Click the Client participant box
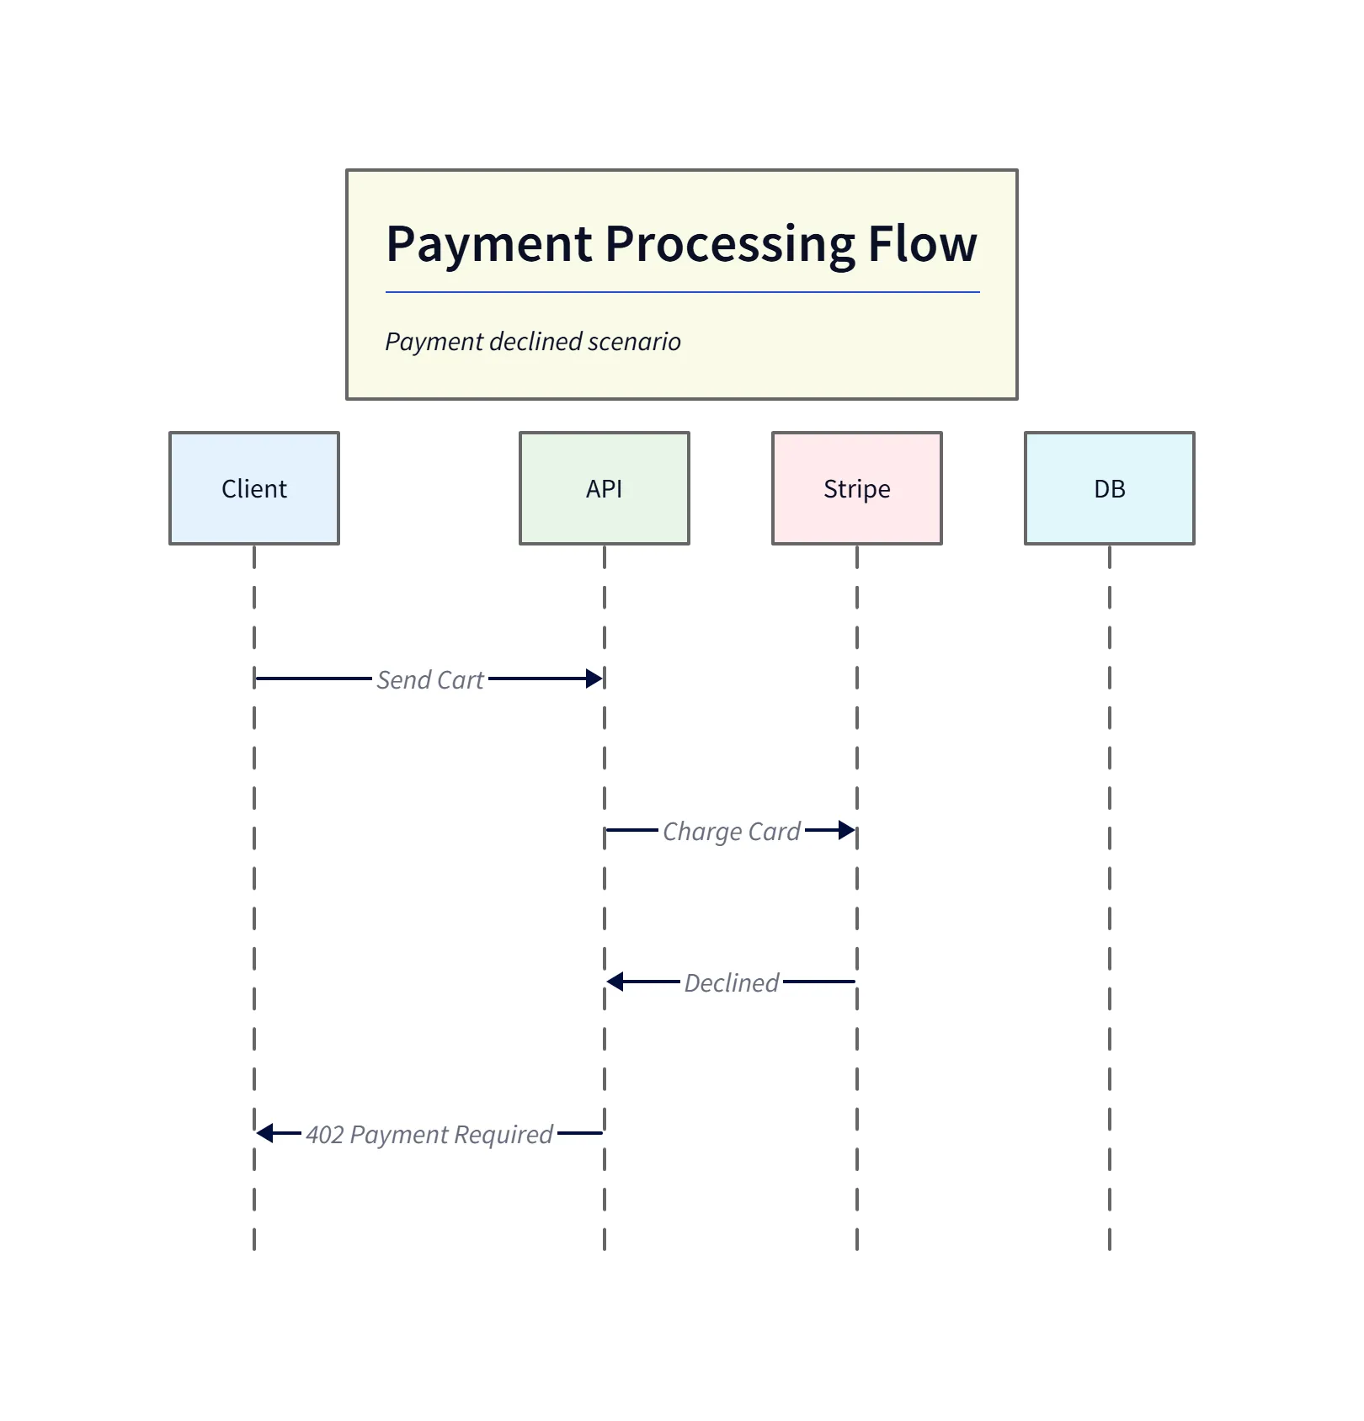point(253,488)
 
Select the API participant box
point(604,488)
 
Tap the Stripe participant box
point(856,488)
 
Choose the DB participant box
point(1109,488)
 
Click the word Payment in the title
point(489,245)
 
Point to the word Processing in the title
point(730,245)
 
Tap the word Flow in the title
point(922,243)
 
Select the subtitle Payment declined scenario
point(532,342)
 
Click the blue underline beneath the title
point(682,292)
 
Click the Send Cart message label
point(429,679)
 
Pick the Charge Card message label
point(731,832)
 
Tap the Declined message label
point(731,982)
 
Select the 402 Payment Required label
point(429,1134)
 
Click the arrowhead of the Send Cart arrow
point(594,679)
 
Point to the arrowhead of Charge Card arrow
point(847,831)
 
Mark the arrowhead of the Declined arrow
point(615,982)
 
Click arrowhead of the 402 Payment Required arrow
point(265,1133)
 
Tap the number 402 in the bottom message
point(325,1135)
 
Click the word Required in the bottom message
point(503,1135)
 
